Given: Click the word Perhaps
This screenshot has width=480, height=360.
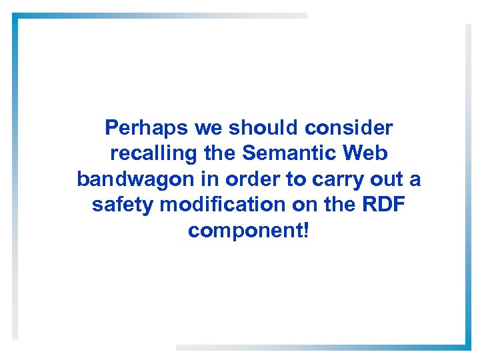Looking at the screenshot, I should pos(147,127).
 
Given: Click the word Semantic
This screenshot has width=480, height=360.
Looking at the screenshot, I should pos(291,153).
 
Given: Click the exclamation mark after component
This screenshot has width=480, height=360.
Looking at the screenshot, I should pos(305,230).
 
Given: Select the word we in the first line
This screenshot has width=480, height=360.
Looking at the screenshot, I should pos(209,127).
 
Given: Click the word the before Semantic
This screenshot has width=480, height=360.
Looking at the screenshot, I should pos(219,153).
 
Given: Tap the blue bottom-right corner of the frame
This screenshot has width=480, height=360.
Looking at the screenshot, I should pos(467,345).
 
